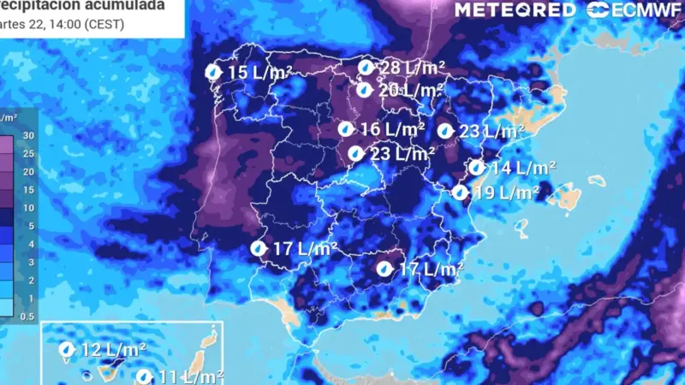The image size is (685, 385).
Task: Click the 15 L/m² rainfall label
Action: click(x=259, y=73)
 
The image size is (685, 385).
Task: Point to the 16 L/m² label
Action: click(x=392, y=129)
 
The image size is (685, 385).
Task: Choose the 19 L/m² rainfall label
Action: click(x=506, y=192)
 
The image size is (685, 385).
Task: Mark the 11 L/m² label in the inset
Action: click(x=191, y=376)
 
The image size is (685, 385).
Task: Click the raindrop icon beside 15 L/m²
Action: click(x=214, y=73)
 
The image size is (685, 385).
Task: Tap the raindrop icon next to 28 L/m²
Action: click(x=366, y=68)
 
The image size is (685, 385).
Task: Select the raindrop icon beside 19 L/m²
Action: click(x=460, y=192)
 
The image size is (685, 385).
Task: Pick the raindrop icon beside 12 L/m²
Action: click(x=66, y=349)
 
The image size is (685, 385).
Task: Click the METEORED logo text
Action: click(x=515, y=10)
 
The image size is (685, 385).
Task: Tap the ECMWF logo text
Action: click(x=640, y=10)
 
